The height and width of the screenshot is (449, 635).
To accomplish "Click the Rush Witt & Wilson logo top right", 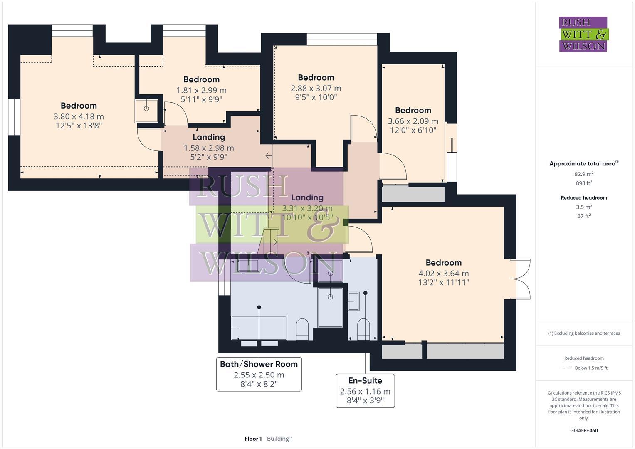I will tap(583, 34).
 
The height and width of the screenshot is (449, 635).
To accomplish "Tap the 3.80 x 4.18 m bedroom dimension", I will tap(79, 117).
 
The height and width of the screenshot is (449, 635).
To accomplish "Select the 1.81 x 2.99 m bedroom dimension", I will tap(201, 90).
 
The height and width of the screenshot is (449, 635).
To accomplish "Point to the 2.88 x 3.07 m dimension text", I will tap(316, 89).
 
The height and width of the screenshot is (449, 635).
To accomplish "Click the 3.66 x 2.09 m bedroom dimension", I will tap(413, 121).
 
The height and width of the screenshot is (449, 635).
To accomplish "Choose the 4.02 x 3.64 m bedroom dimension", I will tap(443, 274).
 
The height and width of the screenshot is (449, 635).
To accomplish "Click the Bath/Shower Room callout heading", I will tap(259, 364).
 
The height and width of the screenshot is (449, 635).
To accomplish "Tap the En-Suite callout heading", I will tap(365, 381).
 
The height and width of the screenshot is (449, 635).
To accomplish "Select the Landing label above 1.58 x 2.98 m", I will tap(209, 137).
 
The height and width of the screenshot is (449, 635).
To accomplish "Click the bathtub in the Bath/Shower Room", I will tap(259, 328).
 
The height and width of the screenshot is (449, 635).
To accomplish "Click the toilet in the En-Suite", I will tap(363, 328).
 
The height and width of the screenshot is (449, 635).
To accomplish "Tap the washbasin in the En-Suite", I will tap(353, 301).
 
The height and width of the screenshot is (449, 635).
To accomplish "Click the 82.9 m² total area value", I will tap(584, 174).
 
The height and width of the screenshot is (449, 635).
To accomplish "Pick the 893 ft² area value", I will tap(584, 183).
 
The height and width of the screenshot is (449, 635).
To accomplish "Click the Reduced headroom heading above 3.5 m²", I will tap(584, 198).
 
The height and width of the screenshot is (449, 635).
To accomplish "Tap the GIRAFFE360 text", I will tap(584, 431).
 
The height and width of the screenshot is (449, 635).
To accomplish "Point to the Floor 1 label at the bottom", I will tap(253, 439).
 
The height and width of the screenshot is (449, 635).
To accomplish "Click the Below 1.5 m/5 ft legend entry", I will tap(591, 368).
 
